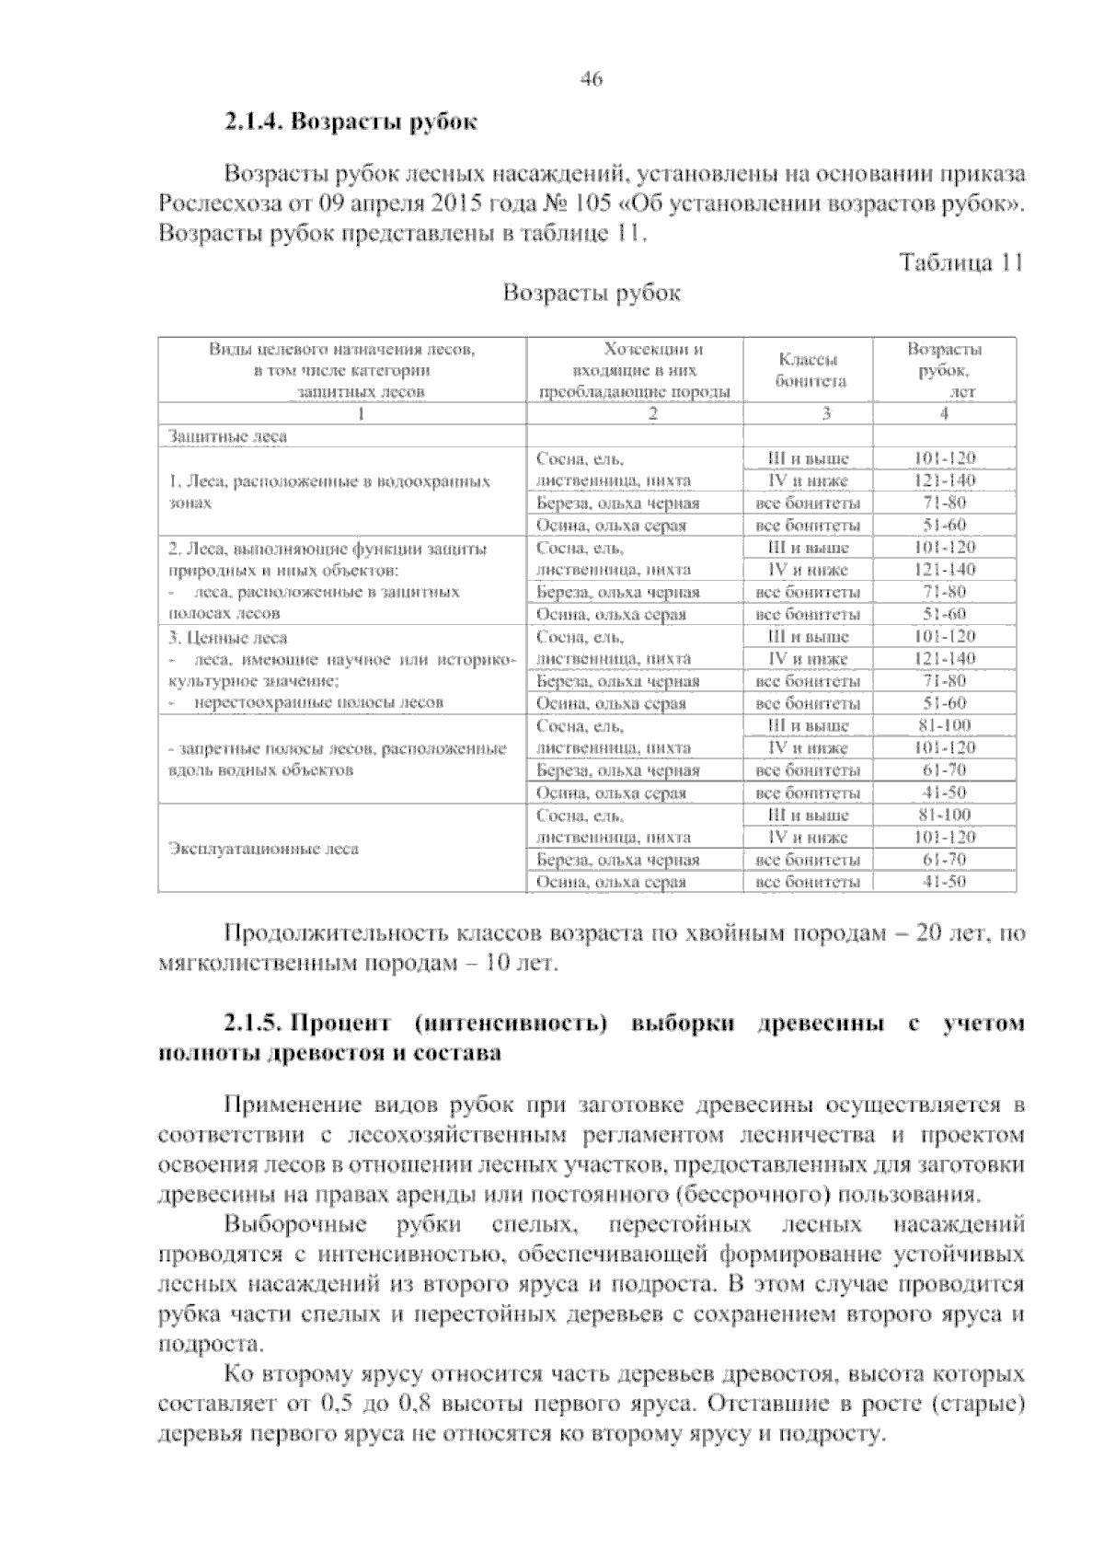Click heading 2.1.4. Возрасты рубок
coord(351,122)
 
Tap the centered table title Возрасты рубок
coord(592,294)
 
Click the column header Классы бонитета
coord(809,371)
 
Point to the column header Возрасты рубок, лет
coord(944,370)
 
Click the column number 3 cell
coord(825,414)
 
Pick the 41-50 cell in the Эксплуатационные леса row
coord(944,882)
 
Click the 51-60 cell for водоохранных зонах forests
coord(944,526)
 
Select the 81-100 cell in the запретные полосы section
coord(944,725)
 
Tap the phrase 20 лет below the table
coord(949,935)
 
